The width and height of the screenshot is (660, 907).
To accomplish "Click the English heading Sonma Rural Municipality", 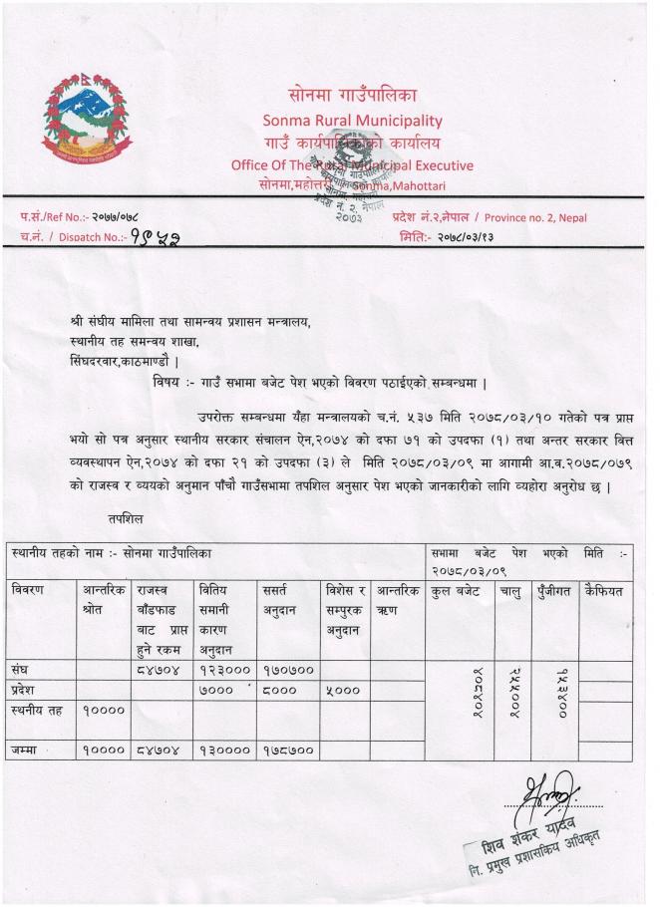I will coord(352,121).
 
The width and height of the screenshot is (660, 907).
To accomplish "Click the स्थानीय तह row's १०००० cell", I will coord(104,712).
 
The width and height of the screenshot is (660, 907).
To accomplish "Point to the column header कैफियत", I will coord(604,591).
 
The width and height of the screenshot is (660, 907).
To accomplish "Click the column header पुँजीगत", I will coord(554,591).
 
